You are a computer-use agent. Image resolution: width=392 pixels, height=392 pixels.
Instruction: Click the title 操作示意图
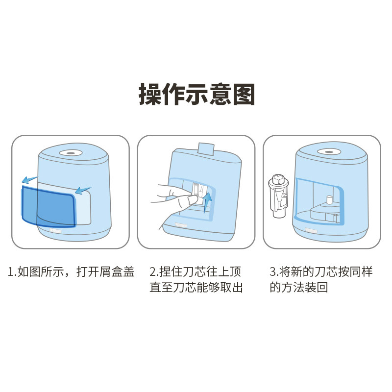pos(197,95)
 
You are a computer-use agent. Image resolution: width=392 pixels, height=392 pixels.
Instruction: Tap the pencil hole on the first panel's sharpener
pos(71,153)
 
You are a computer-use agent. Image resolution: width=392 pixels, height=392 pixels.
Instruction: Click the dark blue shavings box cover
pos(49,206)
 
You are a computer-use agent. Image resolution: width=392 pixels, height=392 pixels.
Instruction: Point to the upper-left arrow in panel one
pos(29,179)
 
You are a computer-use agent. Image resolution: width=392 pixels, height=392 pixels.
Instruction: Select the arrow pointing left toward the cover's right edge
pos(83,190)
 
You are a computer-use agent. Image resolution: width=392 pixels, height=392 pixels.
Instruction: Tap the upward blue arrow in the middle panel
pos(207,202)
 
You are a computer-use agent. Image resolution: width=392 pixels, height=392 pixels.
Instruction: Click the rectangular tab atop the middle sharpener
pos(206,149)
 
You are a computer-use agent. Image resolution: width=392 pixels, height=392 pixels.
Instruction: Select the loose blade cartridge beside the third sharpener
pos(278,196)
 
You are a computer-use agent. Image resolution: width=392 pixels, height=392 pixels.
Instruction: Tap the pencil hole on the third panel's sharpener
pos(329,152)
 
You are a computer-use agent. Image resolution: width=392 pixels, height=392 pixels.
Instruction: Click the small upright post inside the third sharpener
pos(329,200)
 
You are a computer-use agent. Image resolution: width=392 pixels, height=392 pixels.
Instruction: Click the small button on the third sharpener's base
pos(311,230)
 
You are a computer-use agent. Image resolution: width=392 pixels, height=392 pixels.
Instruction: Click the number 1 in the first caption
pos(10,272)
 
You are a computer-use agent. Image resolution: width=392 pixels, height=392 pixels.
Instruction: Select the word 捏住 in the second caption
pos(171,272)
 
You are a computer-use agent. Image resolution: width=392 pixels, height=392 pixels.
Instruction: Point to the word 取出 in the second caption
pos(231,287)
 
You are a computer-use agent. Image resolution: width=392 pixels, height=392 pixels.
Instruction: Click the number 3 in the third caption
pos(273,272)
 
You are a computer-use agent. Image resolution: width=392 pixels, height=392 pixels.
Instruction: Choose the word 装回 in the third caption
pos(316,287)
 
